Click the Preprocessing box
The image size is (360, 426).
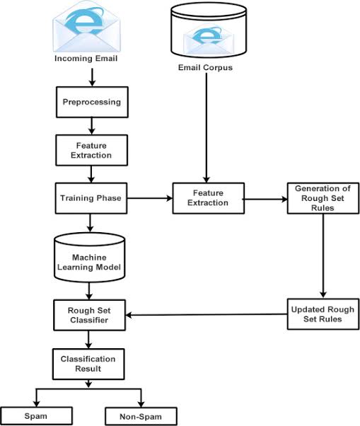92,102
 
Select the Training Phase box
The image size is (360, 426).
91,198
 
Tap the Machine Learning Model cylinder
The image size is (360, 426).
89,258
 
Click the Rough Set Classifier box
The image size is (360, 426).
89,315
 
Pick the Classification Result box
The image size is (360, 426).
88,364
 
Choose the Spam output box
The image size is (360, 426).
36,415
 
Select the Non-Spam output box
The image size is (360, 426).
141,416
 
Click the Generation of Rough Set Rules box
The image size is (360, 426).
323,198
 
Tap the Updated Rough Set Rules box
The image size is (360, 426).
323,314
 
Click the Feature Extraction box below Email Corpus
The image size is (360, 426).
209,198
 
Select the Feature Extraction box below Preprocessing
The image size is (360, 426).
91,150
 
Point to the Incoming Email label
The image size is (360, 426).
86,59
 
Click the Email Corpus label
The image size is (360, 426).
205,67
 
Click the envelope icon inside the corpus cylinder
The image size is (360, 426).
209,39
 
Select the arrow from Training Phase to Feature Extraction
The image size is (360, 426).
150,198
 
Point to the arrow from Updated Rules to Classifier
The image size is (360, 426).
207,315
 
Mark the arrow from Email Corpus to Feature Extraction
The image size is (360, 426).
207,127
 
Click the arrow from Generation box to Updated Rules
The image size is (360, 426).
323,256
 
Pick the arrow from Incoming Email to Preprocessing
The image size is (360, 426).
93,77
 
